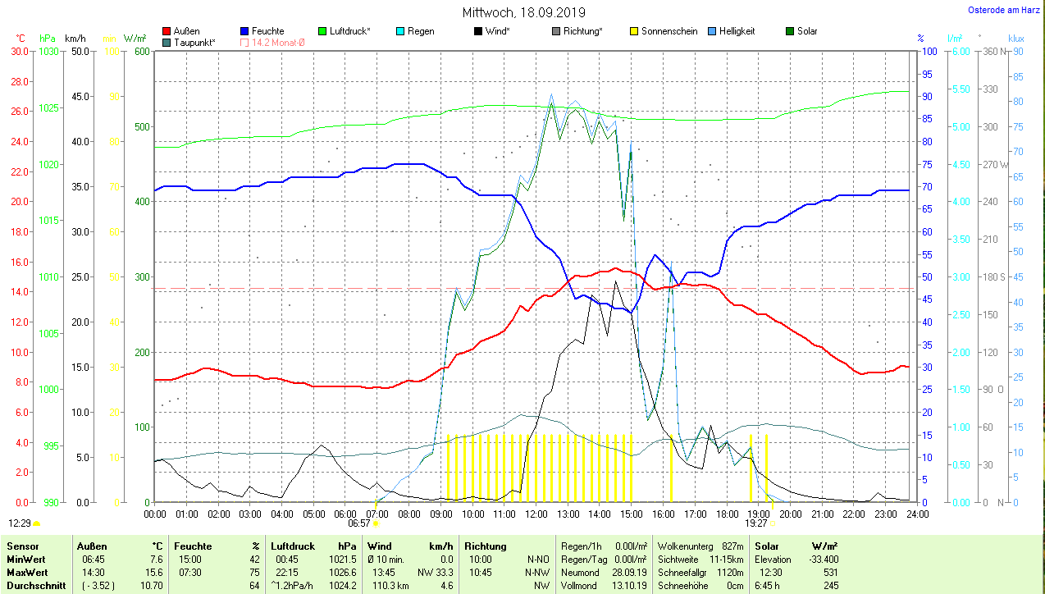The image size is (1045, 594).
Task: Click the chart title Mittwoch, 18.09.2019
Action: (x=524, y=13)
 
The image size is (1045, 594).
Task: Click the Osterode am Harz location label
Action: (x=1005, y=10)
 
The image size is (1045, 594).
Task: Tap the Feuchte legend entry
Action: (x=262, y=31)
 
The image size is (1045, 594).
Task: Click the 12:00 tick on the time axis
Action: (x=536, y=514)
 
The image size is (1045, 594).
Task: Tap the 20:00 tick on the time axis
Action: (x=791, y=514)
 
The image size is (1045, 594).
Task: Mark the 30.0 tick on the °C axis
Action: (x=20, y=51)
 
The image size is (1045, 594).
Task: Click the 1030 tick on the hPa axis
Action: (x=49, y=51)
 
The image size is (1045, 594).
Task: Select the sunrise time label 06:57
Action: (x=359, y=523)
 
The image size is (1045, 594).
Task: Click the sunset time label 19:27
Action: (x=755, y=523)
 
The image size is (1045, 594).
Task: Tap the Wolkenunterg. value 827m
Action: (x=732, y=546)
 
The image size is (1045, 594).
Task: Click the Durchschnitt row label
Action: (x=33, y=586)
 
